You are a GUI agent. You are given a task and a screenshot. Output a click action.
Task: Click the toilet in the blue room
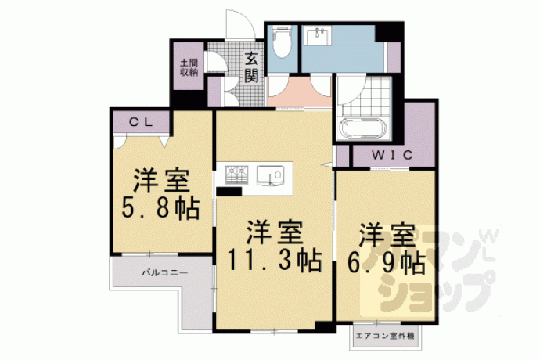[x=282, y=41]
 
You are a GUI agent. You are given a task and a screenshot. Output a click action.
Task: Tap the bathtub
[x=364, y=128]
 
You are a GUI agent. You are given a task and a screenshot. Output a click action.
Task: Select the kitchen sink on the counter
[x=270, y=175]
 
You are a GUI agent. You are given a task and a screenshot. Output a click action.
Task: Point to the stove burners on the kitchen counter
[x=236, y=175]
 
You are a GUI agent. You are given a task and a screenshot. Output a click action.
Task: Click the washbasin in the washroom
[x=319, y=36]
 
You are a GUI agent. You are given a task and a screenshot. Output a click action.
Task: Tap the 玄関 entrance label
[x=251, y=68]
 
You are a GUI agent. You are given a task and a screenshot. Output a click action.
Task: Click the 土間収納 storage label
[x=189, y=67]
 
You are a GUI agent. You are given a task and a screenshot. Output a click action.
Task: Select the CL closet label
[x=141, y=122]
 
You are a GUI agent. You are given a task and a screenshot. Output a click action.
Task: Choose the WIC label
[x=392, y=155]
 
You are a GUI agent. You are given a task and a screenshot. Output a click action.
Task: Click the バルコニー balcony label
[x=165, y=273]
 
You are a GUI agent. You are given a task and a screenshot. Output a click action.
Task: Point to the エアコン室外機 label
[x=385, y=336]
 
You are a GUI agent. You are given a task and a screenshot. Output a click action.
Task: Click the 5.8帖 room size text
[x=161, y=208]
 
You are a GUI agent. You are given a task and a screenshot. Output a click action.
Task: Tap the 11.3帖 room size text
[x=275, y=261]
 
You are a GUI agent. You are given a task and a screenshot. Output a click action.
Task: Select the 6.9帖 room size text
[x=386, y=264]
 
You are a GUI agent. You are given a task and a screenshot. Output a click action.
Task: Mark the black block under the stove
[x=229, y=192]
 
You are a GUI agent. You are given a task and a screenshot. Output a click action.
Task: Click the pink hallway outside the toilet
[x=299, y=92]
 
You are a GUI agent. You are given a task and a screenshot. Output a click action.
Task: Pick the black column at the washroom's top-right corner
[x=389, y=32]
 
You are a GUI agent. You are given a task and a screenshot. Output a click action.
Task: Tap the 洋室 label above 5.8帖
[x=161, y=180]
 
